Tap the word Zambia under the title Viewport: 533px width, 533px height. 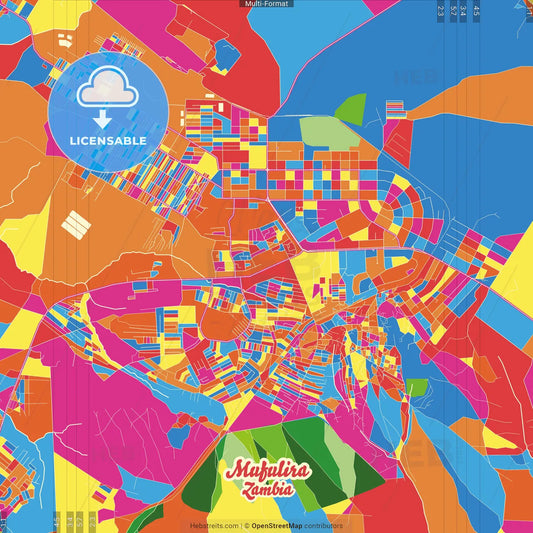click(x=266, y=490)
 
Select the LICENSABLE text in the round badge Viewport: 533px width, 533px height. click(x=108, y=140)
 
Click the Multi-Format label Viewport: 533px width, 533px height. click(x=266, y=4)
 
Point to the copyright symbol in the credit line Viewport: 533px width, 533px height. click(x=247, y=525)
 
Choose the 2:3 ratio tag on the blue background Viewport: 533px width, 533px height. click(x=441, y=11)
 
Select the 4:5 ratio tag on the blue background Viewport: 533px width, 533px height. click(x=477, y=11)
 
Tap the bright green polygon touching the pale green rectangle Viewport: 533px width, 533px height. click(x=350, y=106)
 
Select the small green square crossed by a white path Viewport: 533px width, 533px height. click(x=415, y=387)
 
